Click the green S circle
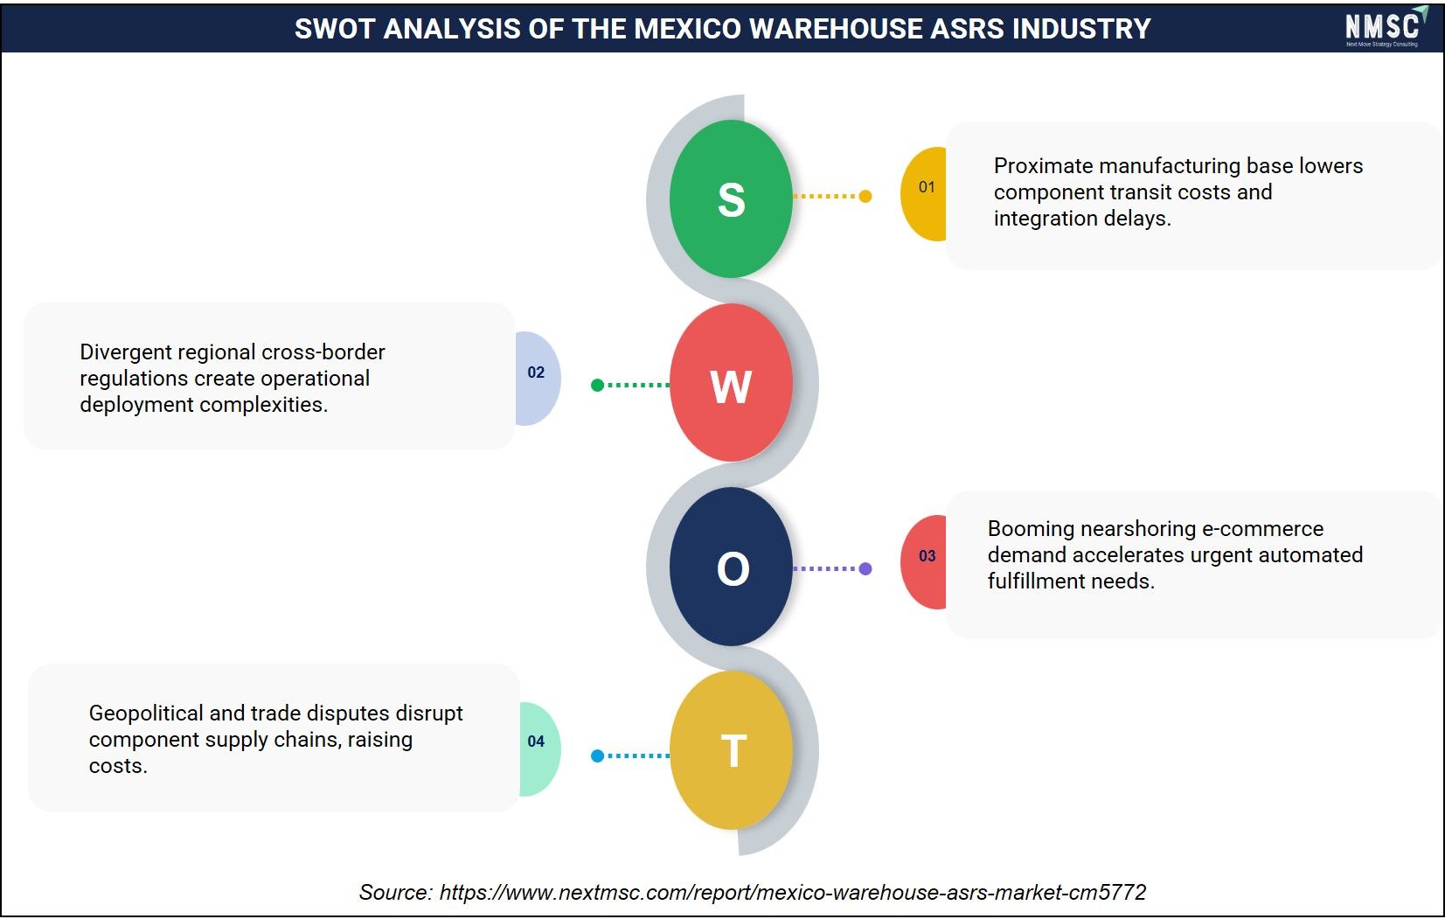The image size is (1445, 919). click(x=731, y=198)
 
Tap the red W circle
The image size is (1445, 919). click(x=731, y=383)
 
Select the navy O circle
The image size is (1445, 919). click(x=731, y=567)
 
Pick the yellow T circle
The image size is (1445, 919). click(x=731, y=750)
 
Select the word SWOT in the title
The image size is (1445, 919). click(x=335, y=29)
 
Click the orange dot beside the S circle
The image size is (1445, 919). click(x=865, y=196)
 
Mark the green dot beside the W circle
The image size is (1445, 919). click(x=597, y=386)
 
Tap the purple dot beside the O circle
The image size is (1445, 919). click(x=865, y=568)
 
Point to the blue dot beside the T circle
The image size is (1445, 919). click(x=597, y=755)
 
